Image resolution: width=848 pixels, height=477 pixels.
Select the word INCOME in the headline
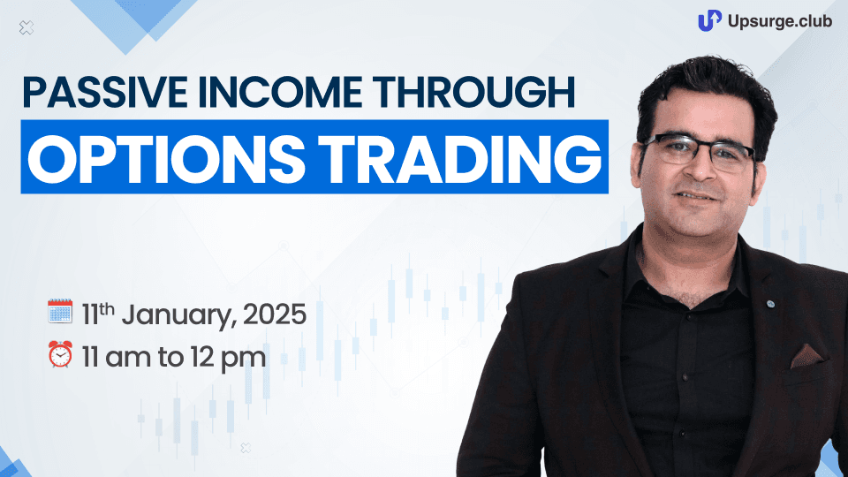pos(280,93)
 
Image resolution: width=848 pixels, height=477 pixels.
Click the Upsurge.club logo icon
pos(709,20)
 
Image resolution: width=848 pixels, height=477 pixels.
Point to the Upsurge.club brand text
pos(780,21)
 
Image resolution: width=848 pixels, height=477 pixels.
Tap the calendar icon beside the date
pos(60,311)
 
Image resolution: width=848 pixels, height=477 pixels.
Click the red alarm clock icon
pos(60,354)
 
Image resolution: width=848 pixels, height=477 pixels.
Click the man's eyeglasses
pos(700,150)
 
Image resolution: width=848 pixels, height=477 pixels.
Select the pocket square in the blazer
pos(806,356)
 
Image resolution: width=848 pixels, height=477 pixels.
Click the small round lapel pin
pos(770,305)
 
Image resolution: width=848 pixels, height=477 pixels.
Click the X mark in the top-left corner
pos(26,27)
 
